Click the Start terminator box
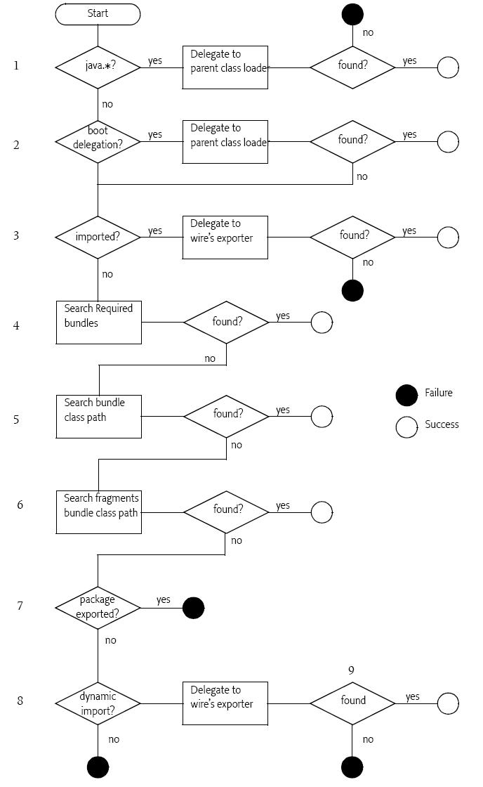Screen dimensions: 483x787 (x=98, y=14)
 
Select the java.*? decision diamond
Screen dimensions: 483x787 (x=98, y=67)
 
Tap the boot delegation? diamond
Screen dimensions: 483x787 (x=98, y=141)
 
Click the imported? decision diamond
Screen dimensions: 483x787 (x=98, y=237)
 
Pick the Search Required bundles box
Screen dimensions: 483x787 (x=99, y=323)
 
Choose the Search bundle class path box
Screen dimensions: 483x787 (x=99, y=417)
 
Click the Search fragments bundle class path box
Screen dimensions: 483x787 (x=99, y=512)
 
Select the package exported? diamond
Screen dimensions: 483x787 (x=98, y=608)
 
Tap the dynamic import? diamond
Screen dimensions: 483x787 (x=98, y=703)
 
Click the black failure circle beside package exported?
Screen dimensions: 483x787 (x=194, y=608)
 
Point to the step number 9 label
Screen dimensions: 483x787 (x=351, y=670)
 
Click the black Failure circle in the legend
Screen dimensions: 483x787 (x=406, y=396)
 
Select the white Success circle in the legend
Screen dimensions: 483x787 (x=406, y=427)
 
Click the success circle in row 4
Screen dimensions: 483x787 (x=322, y=323)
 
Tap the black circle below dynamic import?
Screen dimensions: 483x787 (x=98, y=767)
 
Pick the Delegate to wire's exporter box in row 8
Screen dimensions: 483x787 (x=225, y=703)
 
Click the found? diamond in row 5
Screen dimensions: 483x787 (x=226, y=417)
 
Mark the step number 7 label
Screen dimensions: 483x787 (x=20, y=606)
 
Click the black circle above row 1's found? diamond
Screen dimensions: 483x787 (x=352, y=14)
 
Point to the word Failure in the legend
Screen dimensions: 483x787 (x=438, y=393)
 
